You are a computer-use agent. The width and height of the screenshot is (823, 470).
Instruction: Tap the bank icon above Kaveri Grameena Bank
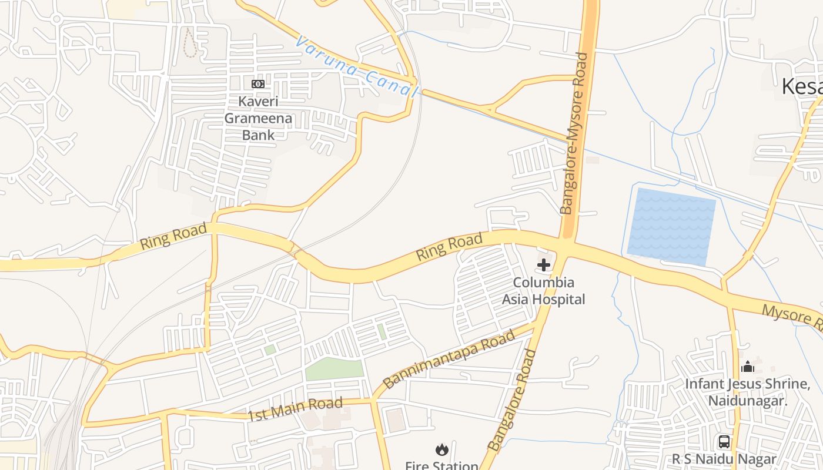(257, 84)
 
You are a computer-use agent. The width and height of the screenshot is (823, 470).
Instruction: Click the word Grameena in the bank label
(258, 118)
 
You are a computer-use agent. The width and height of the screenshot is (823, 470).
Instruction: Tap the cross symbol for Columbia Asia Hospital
(544, 265)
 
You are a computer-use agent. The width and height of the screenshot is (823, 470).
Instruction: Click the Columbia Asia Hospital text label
(543, 291)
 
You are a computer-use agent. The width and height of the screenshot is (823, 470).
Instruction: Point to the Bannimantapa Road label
(449, 358)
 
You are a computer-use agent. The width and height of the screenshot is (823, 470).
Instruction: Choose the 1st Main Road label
(295, 409)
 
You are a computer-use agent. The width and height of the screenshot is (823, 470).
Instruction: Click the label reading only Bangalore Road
(513, 400)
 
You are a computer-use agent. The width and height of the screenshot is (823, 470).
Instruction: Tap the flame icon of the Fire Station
(441, 449)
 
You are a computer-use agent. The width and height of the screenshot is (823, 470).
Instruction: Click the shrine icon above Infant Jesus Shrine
(748, 367)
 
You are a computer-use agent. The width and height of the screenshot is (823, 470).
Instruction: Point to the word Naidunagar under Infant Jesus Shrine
(748, 401)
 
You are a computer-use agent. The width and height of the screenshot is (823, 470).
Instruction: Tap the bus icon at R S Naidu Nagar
(724, 442)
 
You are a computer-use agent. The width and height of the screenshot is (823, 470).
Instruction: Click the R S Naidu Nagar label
(724, 459)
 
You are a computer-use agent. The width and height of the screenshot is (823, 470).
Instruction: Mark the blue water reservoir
(671, 226)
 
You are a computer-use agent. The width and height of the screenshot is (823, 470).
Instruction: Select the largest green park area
(334, 370)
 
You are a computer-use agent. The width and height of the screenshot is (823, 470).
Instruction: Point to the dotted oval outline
(189, 42)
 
